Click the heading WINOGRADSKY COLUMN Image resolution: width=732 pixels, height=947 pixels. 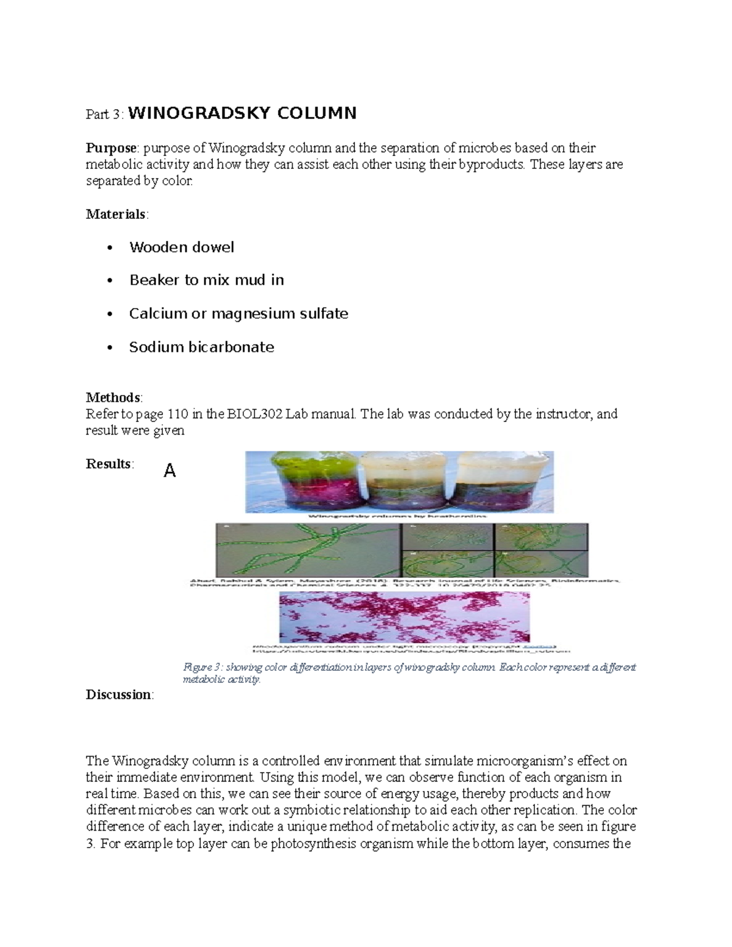tap(242, 113)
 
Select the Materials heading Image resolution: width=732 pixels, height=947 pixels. tap(115, 214)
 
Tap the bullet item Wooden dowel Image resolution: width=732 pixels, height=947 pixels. tap(181, 247)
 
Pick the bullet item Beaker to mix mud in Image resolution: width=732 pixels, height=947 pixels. tap(206, 280)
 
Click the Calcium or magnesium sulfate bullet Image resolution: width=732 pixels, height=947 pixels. tap(239, 313)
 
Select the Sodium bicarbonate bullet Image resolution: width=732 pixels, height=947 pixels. tap(201, 347)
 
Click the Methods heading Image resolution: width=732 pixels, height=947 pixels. tap(113, 398)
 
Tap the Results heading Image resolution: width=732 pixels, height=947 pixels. tap(109, 464)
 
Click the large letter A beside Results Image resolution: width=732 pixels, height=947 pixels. tap(170, 471)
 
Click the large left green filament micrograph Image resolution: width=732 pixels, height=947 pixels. tap(308, 549)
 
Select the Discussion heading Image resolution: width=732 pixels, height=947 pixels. tap(119, 695)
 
